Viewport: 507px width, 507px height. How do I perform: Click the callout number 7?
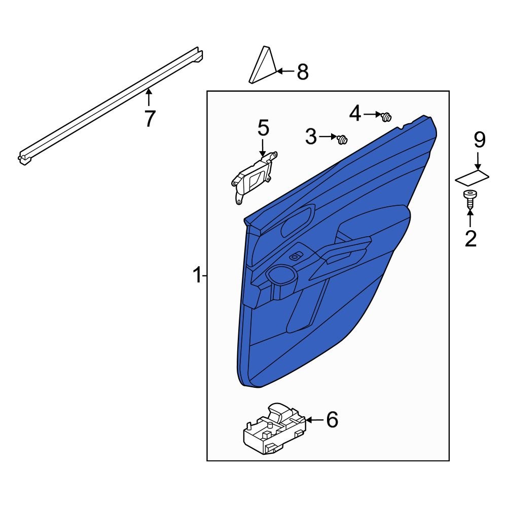[x=149, y=119]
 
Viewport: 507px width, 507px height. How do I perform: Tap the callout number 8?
[x=303, y=72]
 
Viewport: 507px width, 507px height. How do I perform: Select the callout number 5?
[x=263, y=128]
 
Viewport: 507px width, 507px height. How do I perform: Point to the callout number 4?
[x=355, y=114]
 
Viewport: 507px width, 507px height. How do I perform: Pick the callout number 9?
[x=480, y=139]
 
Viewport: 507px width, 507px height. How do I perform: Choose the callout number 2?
[x=471, y=238]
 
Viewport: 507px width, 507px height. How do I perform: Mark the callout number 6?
[x=332, y=420]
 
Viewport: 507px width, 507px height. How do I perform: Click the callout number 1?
[x=197, y=276]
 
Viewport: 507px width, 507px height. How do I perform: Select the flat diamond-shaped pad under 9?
[x=472, y=177]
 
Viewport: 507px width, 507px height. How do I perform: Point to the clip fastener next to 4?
[x=386, y=117]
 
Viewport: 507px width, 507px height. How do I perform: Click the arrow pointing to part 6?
[x=314, y=420]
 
